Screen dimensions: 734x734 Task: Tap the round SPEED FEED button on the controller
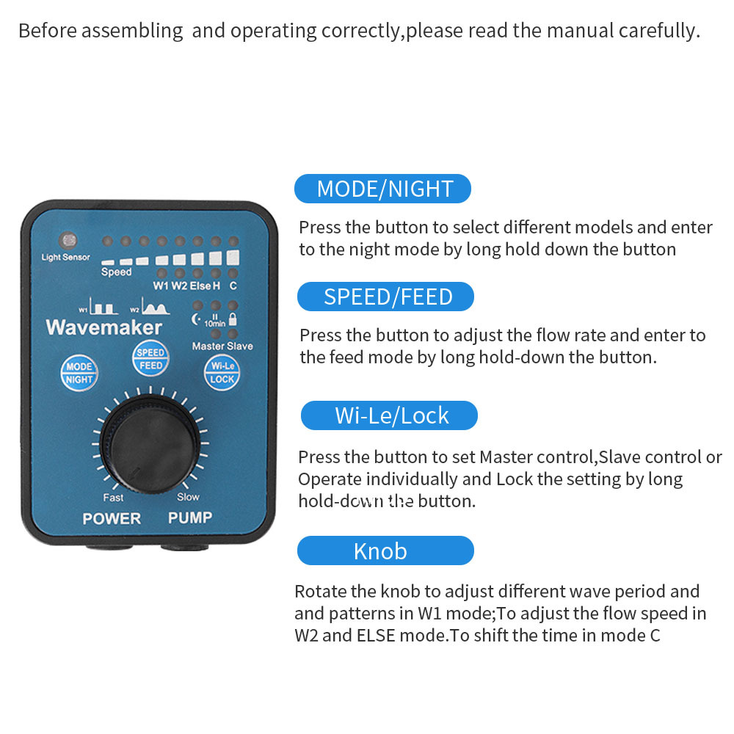150,358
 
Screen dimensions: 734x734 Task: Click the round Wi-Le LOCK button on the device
222,372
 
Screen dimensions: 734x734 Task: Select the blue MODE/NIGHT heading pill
382,189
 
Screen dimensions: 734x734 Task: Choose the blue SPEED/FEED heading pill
385,297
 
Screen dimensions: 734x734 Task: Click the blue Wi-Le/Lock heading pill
389,415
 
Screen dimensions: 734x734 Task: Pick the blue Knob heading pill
385,550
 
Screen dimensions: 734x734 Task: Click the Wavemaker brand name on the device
103,327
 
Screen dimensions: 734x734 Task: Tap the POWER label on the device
112,518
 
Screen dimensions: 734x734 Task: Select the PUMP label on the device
190,517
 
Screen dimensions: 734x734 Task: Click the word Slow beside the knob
188,497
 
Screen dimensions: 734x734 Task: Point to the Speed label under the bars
116,272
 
